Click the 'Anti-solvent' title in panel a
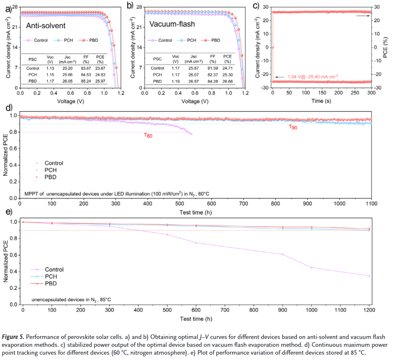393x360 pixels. [46, 26]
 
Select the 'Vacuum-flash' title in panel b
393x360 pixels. [172, 24]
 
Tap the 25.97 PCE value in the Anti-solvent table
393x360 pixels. [100, 81]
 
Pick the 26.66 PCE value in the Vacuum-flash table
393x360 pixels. [228, 81]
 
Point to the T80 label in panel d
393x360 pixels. [148, 135]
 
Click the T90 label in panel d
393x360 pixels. [292, 128]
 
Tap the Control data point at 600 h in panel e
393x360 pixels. [196, 243]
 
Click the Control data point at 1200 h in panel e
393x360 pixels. [369, 276]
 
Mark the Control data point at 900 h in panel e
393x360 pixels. [282, 254]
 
